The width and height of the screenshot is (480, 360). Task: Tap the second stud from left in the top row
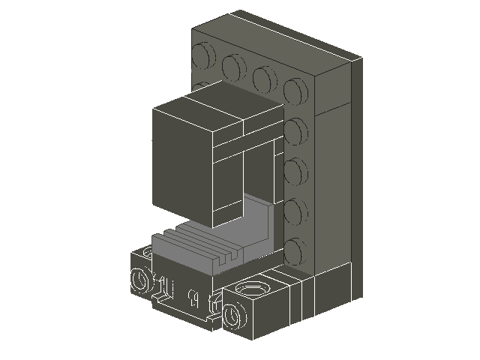(x=233, y=68)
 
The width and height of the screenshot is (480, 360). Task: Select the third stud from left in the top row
(x=263, y=78)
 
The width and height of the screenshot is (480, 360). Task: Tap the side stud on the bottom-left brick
(x=139, y=281)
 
